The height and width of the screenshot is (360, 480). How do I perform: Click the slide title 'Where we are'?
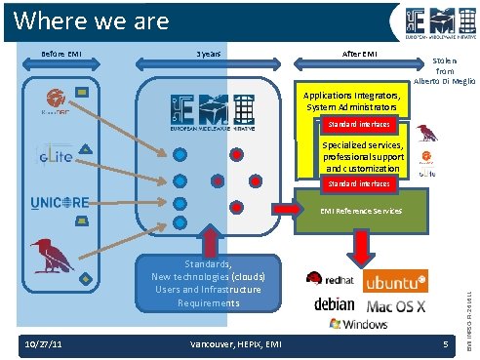pos(93,20)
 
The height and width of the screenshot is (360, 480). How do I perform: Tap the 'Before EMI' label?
pos(60,53)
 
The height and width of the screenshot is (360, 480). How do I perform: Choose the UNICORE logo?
pos(60,203)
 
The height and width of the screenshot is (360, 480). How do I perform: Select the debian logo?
pos(335,304)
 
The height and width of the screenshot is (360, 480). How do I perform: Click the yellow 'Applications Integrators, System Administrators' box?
pos(349,101)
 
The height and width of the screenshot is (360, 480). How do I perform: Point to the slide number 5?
pos(444,345)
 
